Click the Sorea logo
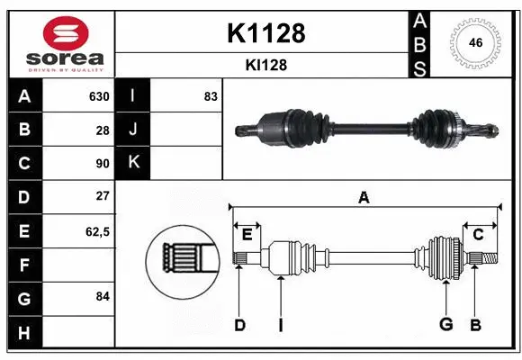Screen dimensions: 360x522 click(58, 44)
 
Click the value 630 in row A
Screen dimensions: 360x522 click(98, 96)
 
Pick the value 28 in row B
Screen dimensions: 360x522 click(103, 130)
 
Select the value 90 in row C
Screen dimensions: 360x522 click(103, 163)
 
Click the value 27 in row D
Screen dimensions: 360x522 click(103, 196)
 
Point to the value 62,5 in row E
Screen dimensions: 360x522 click(97, 231)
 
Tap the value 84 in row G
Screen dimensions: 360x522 click(103, 296)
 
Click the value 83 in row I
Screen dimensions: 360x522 click(211, 96)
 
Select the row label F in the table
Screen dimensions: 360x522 click(23, 265)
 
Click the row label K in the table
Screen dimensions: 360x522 click(133, 163)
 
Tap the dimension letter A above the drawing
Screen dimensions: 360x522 click(364, 198)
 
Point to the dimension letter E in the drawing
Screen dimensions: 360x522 click(247, 236)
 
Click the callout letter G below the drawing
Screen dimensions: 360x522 click(445, 325)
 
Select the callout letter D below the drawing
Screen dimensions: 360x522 click(239, 325)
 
